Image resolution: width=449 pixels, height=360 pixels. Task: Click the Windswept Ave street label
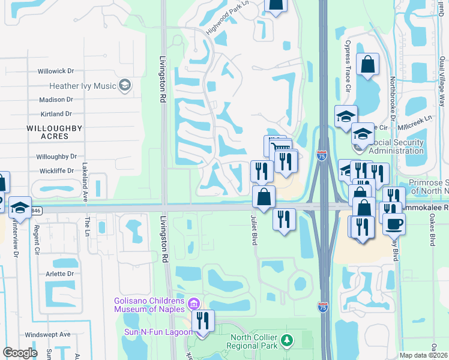47,334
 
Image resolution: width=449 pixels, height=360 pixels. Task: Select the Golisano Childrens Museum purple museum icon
194,304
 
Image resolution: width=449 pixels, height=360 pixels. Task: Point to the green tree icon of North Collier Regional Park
287,341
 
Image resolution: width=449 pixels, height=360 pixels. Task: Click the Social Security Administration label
396,146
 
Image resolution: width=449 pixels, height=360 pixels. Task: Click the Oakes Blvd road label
432,231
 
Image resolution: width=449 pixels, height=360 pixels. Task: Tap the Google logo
20,353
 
